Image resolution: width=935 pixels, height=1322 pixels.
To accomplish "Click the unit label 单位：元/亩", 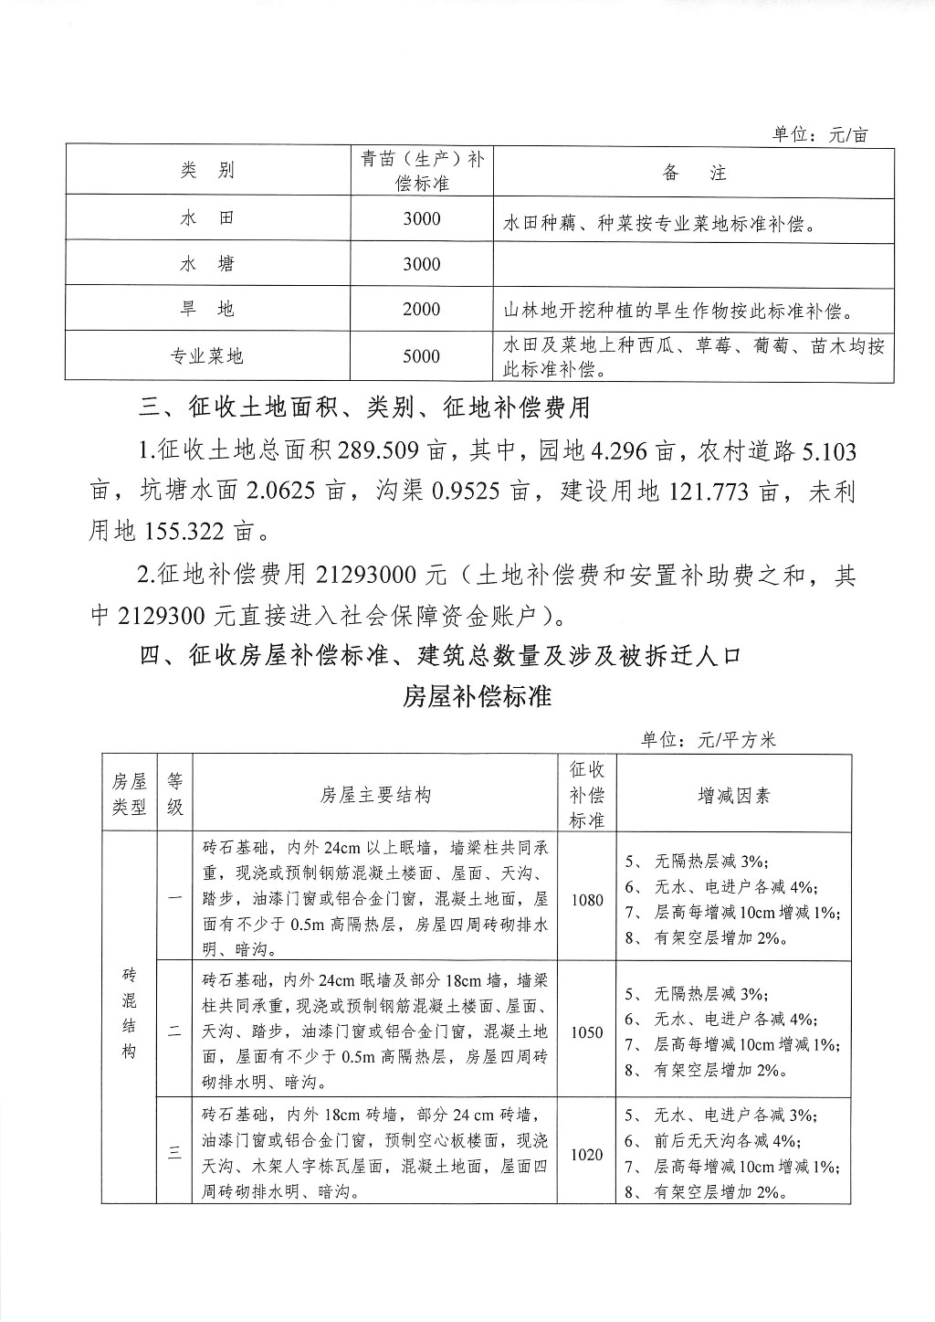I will (820, 135).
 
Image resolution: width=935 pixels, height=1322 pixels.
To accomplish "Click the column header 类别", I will (207, 170).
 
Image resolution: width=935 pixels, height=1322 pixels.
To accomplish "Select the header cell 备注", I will (693, 173).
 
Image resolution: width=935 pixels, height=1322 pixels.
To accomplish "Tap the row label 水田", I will (207, 218).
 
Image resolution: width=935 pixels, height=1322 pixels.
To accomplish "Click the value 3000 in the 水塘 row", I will (421, 264).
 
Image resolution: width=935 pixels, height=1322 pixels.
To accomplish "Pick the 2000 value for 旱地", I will (421, 309).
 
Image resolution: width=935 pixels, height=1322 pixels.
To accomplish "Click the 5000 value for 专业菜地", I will (421, 356).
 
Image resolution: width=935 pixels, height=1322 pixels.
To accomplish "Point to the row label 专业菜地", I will (207, 356).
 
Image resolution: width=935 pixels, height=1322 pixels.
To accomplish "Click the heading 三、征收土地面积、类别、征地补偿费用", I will (364, 407).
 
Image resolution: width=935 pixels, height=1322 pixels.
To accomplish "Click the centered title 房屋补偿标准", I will (477, 696).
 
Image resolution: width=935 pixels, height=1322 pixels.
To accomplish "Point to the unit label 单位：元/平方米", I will (708, 740).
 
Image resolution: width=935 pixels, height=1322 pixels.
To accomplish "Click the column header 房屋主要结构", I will (374, 795).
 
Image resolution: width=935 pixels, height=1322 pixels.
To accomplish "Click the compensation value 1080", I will (587, 900).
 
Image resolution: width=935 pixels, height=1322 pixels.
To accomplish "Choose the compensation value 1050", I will (587, 1032).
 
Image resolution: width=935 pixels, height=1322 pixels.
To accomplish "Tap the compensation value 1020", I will (587, 1155).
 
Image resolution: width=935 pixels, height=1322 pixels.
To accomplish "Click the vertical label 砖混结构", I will (129, 1014).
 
